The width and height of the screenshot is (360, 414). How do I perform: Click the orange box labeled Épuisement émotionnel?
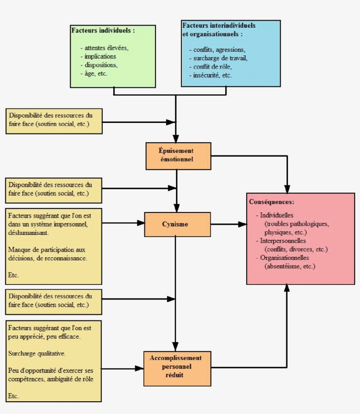pos(178,156)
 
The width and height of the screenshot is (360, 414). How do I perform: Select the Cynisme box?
pos(178,224)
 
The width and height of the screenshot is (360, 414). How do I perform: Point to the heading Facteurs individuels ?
pos(103,31)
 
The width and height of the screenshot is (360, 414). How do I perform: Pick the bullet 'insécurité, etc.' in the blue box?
pos(212,76)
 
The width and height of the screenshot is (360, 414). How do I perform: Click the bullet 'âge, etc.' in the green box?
pos(96,73)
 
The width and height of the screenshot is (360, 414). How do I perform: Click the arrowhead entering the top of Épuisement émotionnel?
pos(176,137)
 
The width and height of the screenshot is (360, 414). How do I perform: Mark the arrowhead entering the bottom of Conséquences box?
pos(287,288)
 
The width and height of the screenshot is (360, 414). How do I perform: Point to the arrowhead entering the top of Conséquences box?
pos(287,189)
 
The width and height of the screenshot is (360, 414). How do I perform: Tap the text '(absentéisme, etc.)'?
pos(290,266)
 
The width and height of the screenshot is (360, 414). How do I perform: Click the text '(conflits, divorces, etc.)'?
pos(296,249)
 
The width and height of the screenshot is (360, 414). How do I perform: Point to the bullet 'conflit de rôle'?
pos(212,67)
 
